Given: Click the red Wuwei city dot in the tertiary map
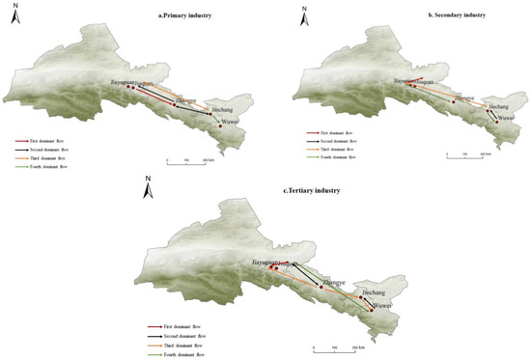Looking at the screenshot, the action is pos(371,310).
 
